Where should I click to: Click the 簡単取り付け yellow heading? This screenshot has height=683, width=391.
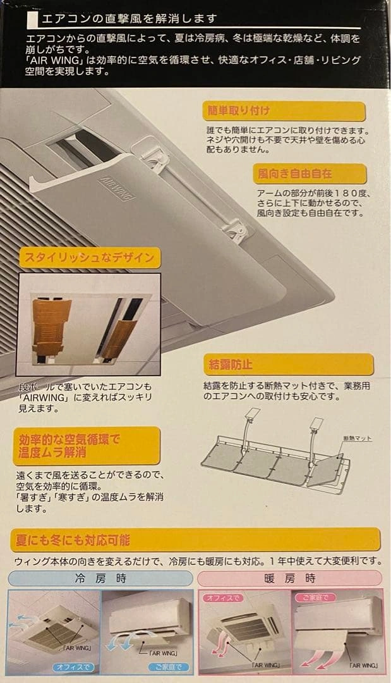(x=284, y=111)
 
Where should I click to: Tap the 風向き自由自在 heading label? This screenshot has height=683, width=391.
(x=310, y=174)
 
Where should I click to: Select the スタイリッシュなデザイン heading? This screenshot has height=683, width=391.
(x=89, y=258)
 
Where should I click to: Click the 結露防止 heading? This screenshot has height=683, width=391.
(x=289, y=364)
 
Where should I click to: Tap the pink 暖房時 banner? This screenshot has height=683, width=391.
(x=290, y=579)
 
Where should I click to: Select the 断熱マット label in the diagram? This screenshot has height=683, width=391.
(x=357, y=438)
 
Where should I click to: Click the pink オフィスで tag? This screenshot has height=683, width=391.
(x=223, y=598)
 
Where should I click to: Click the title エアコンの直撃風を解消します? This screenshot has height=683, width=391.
(x=129, y=19)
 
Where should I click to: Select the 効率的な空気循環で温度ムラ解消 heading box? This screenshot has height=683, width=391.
(x=88, y=446)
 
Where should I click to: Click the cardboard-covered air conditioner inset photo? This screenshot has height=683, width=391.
(x=88, y=324)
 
